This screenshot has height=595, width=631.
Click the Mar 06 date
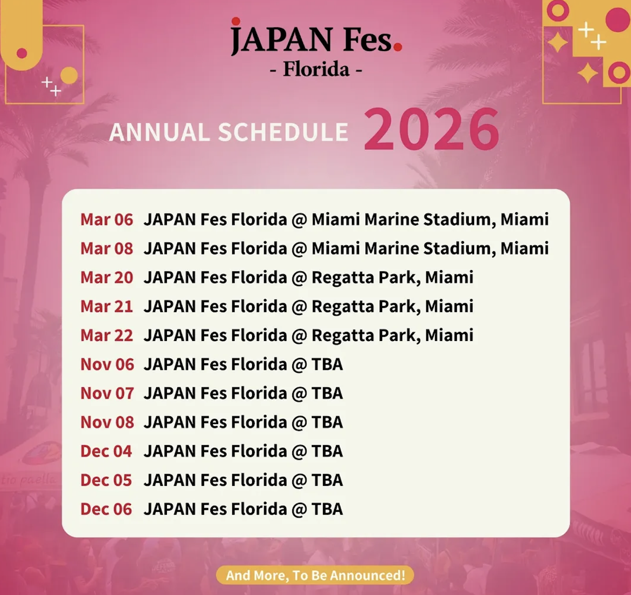(106, 219)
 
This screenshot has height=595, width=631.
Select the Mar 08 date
(106, 248)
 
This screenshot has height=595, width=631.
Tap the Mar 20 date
(106, 277)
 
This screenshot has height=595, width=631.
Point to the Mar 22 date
(106, 335)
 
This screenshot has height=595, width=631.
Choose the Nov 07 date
(107, 393)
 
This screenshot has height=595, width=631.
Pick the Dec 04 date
(106, 451)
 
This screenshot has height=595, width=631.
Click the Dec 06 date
(106, 509)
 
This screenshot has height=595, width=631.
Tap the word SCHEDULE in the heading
(283, 132)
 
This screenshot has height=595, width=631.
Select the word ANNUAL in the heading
(159, 132)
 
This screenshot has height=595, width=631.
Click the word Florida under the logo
(316, 69)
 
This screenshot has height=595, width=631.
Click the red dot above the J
(236, 21)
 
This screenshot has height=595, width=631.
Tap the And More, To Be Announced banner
(315, 575)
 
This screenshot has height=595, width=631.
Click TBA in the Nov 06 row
(327, 364)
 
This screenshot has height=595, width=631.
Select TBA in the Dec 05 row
(327, 480)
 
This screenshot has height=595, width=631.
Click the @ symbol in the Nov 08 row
(299, 422)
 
